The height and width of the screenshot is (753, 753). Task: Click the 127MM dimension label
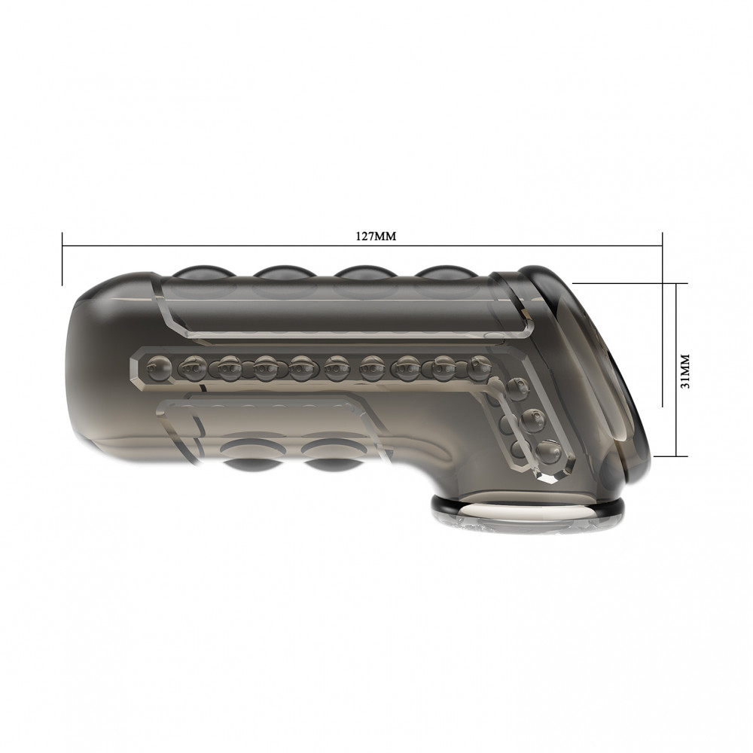coord(376,236)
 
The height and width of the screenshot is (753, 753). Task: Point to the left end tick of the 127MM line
coord(62,259)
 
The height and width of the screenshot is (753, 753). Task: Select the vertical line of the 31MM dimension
coord(676,369)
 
